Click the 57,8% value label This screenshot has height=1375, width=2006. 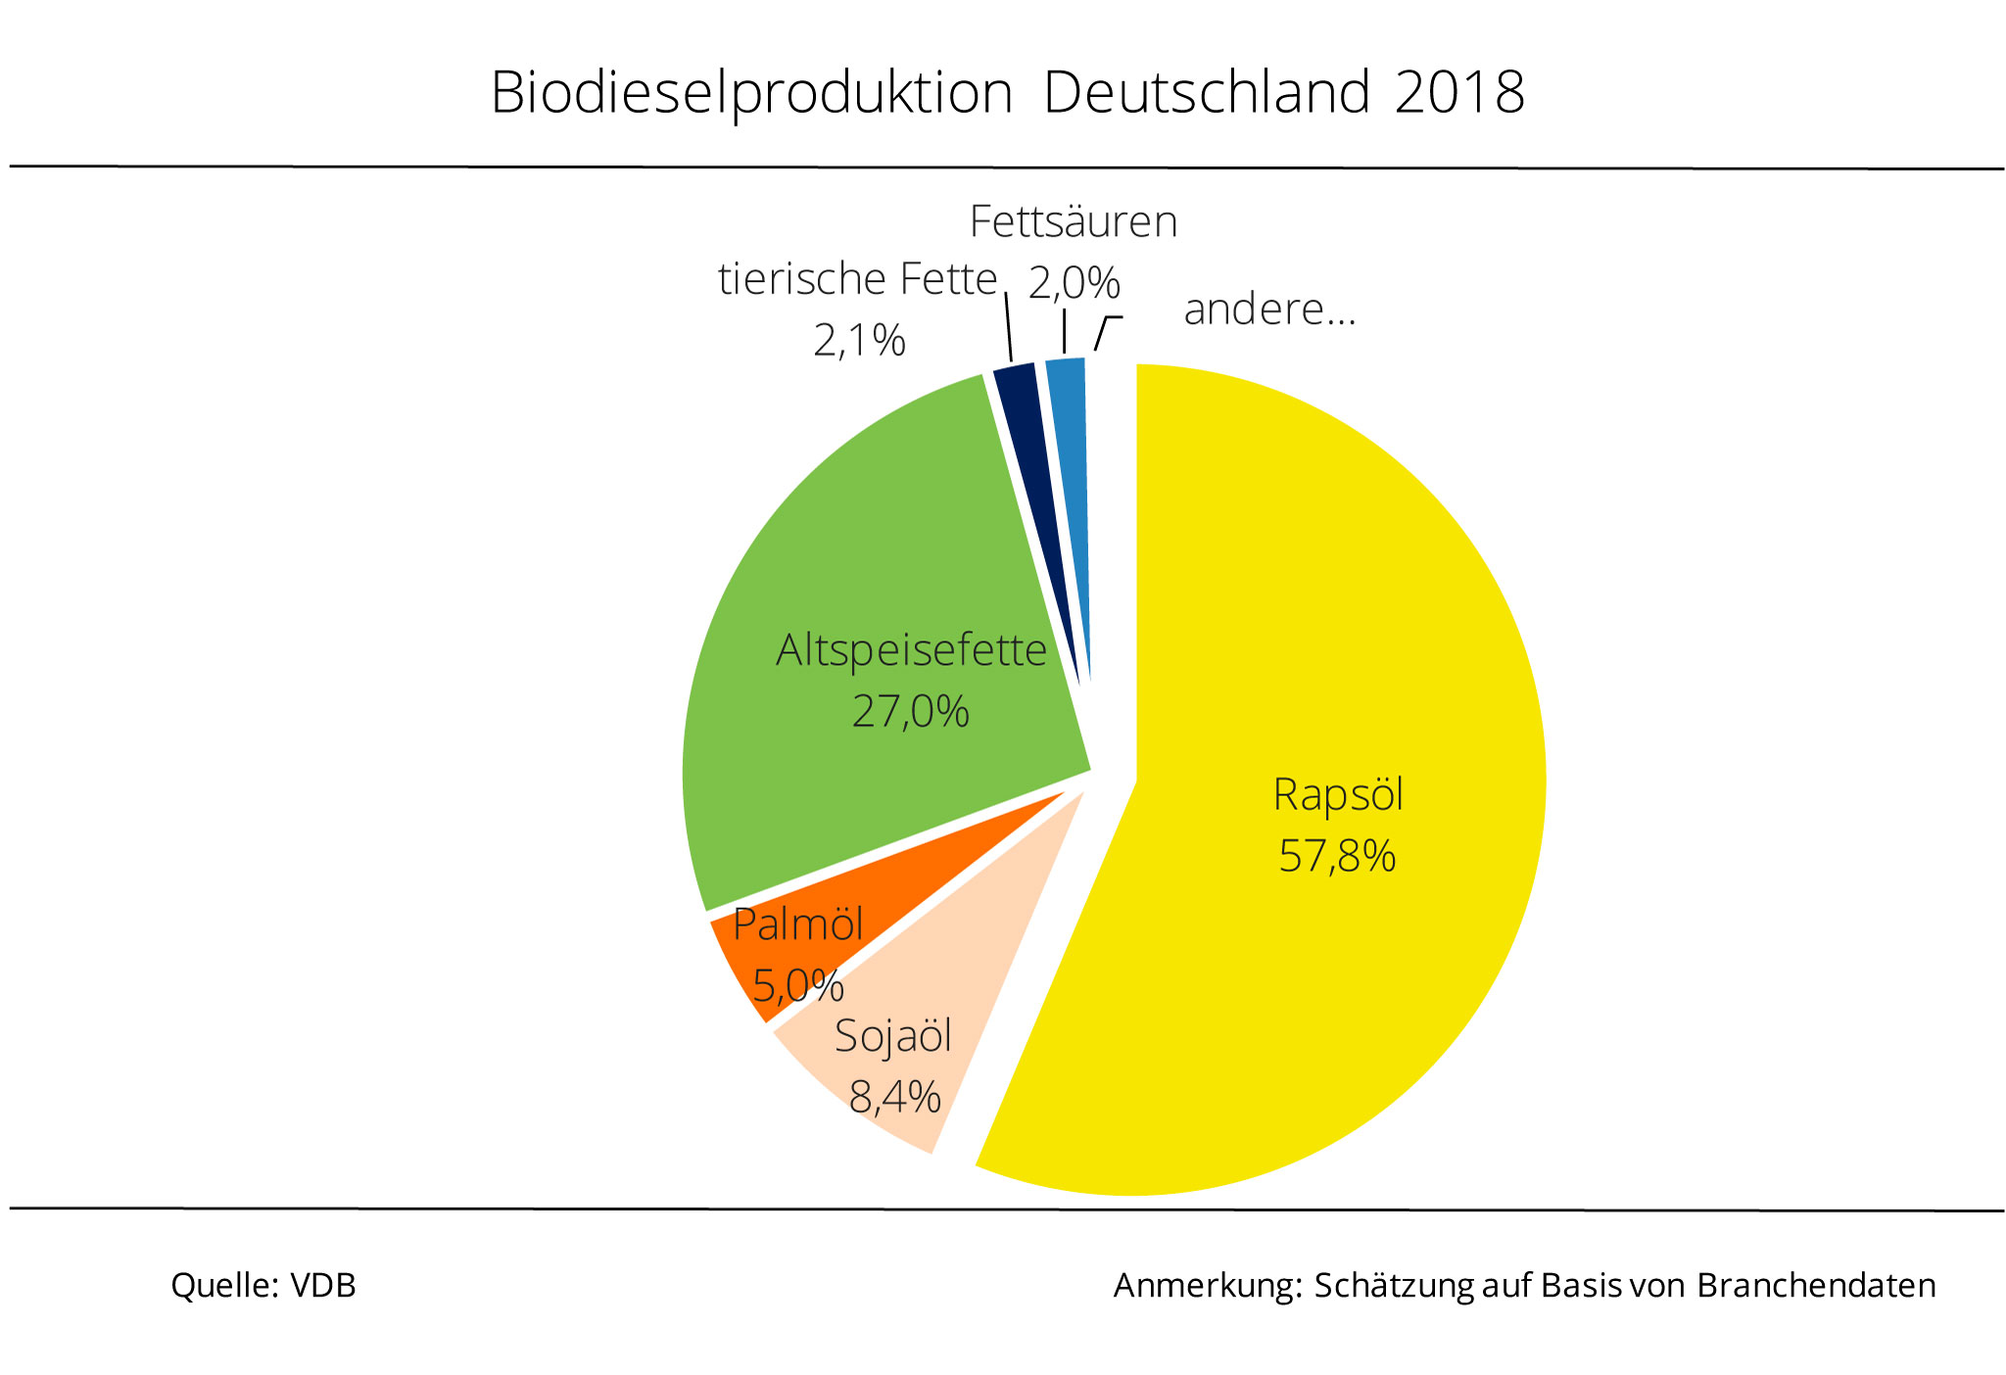point(1337,856)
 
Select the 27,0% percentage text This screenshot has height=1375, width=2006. point(910,712)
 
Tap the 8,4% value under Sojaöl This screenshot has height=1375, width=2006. point(894,1097)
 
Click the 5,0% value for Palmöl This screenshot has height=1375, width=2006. point(797,985)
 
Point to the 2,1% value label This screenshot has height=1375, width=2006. point(859,341)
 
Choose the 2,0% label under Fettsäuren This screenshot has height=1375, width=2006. point(1074,284)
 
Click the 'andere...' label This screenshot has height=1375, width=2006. point(1269,309)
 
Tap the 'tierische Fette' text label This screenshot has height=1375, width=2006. point(857,280)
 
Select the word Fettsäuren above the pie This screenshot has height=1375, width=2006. point(1073,222)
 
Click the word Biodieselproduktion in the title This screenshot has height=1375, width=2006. point(751,94)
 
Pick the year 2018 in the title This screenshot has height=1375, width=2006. point(1459,93)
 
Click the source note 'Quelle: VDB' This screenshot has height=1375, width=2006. point(263,1285)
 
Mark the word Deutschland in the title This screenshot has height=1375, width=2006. point(1207,93)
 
